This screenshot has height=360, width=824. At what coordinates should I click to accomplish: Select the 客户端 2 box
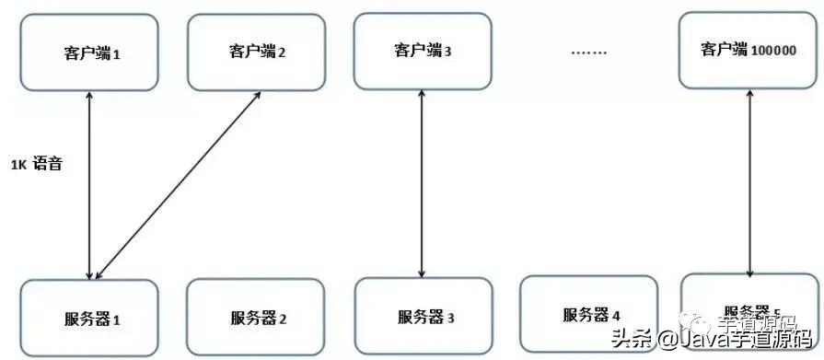[x=257, y=51]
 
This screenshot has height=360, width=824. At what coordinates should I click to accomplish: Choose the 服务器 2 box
[x=256, y=319]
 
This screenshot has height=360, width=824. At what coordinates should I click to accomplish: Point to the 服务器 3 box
[x=424, y=318]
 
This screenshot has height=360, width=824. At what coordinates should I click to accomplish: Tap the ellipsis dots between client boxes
[x=588, y=52]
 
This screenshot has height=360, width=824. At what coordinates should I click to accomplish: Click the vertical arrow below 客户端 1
[x=89, y=184]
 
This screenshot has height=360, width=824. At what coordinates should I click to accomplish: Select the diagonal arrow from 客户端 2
[x=178, y=183]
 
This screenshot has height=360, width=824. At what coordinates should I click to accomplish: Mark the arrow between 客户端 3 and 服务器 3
[x=423, y=184]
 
